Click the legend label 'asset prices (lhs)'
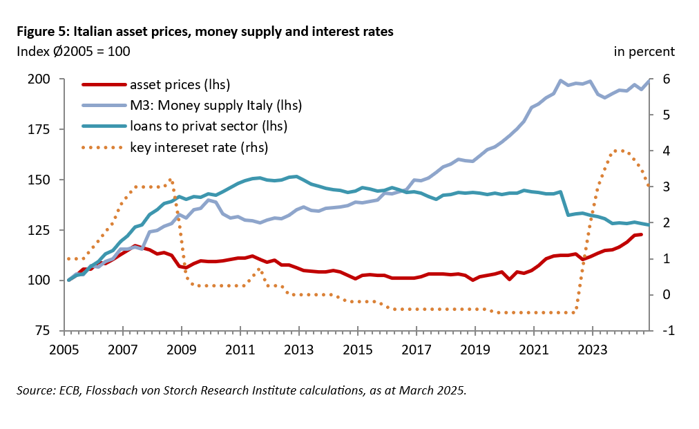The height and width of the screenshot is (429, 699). click(x=180, y=85)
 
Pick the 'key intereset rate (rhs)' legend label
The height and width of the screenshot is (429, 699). click(x=198, y=146)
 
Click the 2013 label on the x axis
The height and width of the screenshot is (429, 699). click(x=298, y=349)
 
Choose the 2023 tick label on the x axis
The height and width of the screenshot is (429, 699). click(x=593, y=349)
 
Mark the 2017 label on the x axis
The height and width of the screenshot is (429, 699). click(x=416, y=349)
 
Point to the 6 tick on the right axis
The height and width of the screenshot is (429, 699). click(x=666, y=79)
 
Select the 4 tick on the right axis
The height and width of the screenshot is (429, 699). click(x=666, y=151)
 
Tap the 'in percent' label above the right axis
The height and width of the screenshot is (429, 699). click(x=644, y=51)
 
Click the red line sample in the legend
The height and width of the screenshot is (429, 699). click(x=104, y=85)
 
